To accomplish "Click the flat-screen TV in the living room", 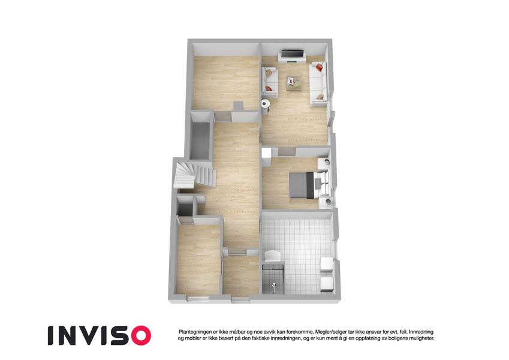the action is tap(293, 53).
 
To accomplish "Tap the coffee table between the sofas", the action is tap(294, 83).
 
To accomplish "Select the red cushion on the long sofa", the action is tap(319, 68).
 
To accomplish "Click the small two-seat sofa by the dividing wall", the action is tap(270, 82).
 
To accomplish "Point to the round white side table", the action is tap(266, 104).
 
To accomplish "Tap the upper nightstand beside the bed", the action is tap(324, 163).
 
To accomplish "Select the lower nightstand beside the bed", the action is tap(326, 202).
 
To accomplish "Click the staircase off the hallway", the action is tap(194, 175).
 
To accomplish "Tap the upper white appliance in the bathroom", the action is tap(327, 264).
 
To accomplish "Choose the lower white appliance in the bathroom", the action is tap(327, 284).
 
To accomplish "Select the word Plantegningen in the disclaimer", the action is tap(194, 332).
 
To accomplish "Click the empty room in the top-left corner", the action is tap(226, 81).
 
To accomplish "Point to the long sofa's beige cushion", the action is tap(320, 97).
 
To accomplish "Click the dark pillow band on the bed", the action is tap(310, 185).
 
